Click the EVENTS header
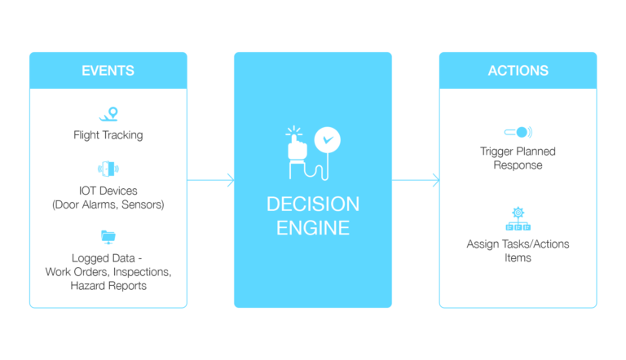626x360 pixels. [108, 70]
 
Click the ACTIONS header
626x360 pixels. [518, 70]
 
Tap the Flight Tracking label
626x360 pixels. [108, 135]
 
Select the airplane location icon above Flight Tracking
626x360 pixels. [108, 114]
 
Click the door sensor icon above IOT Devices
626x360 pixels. [108, 169]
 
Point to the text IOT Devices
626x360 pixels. [108, 191]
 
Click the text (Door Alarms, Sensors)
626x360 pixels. [108, 204]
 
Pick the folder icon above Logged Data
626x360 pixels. [108, 237]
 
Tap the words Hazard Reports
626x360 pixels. [108, 285]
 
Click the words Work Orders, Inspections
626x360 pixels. [108, 271]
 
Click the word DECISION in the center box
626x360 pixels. [313, 203]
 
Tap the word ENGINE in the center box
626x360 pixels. [313, 227]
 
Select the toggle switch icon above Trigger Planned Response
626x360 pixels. [518, 132]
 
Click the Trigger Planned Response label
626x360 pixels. [518, 158]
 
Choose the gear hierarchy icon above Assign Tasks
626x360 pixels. [518, 220]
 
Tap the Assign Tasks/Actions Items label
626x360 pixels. [518, 251]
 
